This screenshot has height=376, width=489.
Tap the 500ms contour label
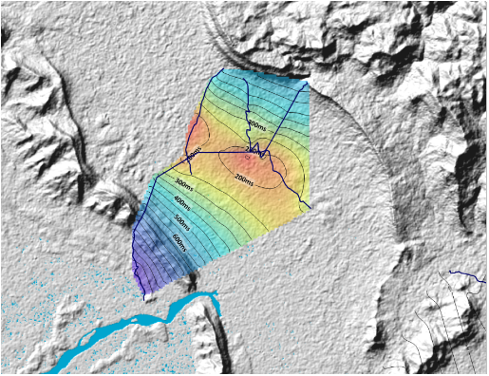tap(182, 219)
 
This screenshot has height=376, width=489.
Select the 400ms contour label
tap(180, 201)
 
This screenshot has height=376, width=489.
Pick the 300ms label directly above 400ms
tap(183, 183)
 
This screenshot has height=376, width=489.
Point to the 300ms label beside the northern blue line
tap(256, 123)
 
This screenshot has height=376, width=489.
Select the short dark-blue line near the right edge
tap(466, 274)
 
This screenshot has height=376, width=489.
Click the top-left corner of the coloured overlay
tap(223, 69)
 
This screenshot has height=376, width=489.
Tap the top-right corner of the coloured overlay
tap(309, 80)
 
